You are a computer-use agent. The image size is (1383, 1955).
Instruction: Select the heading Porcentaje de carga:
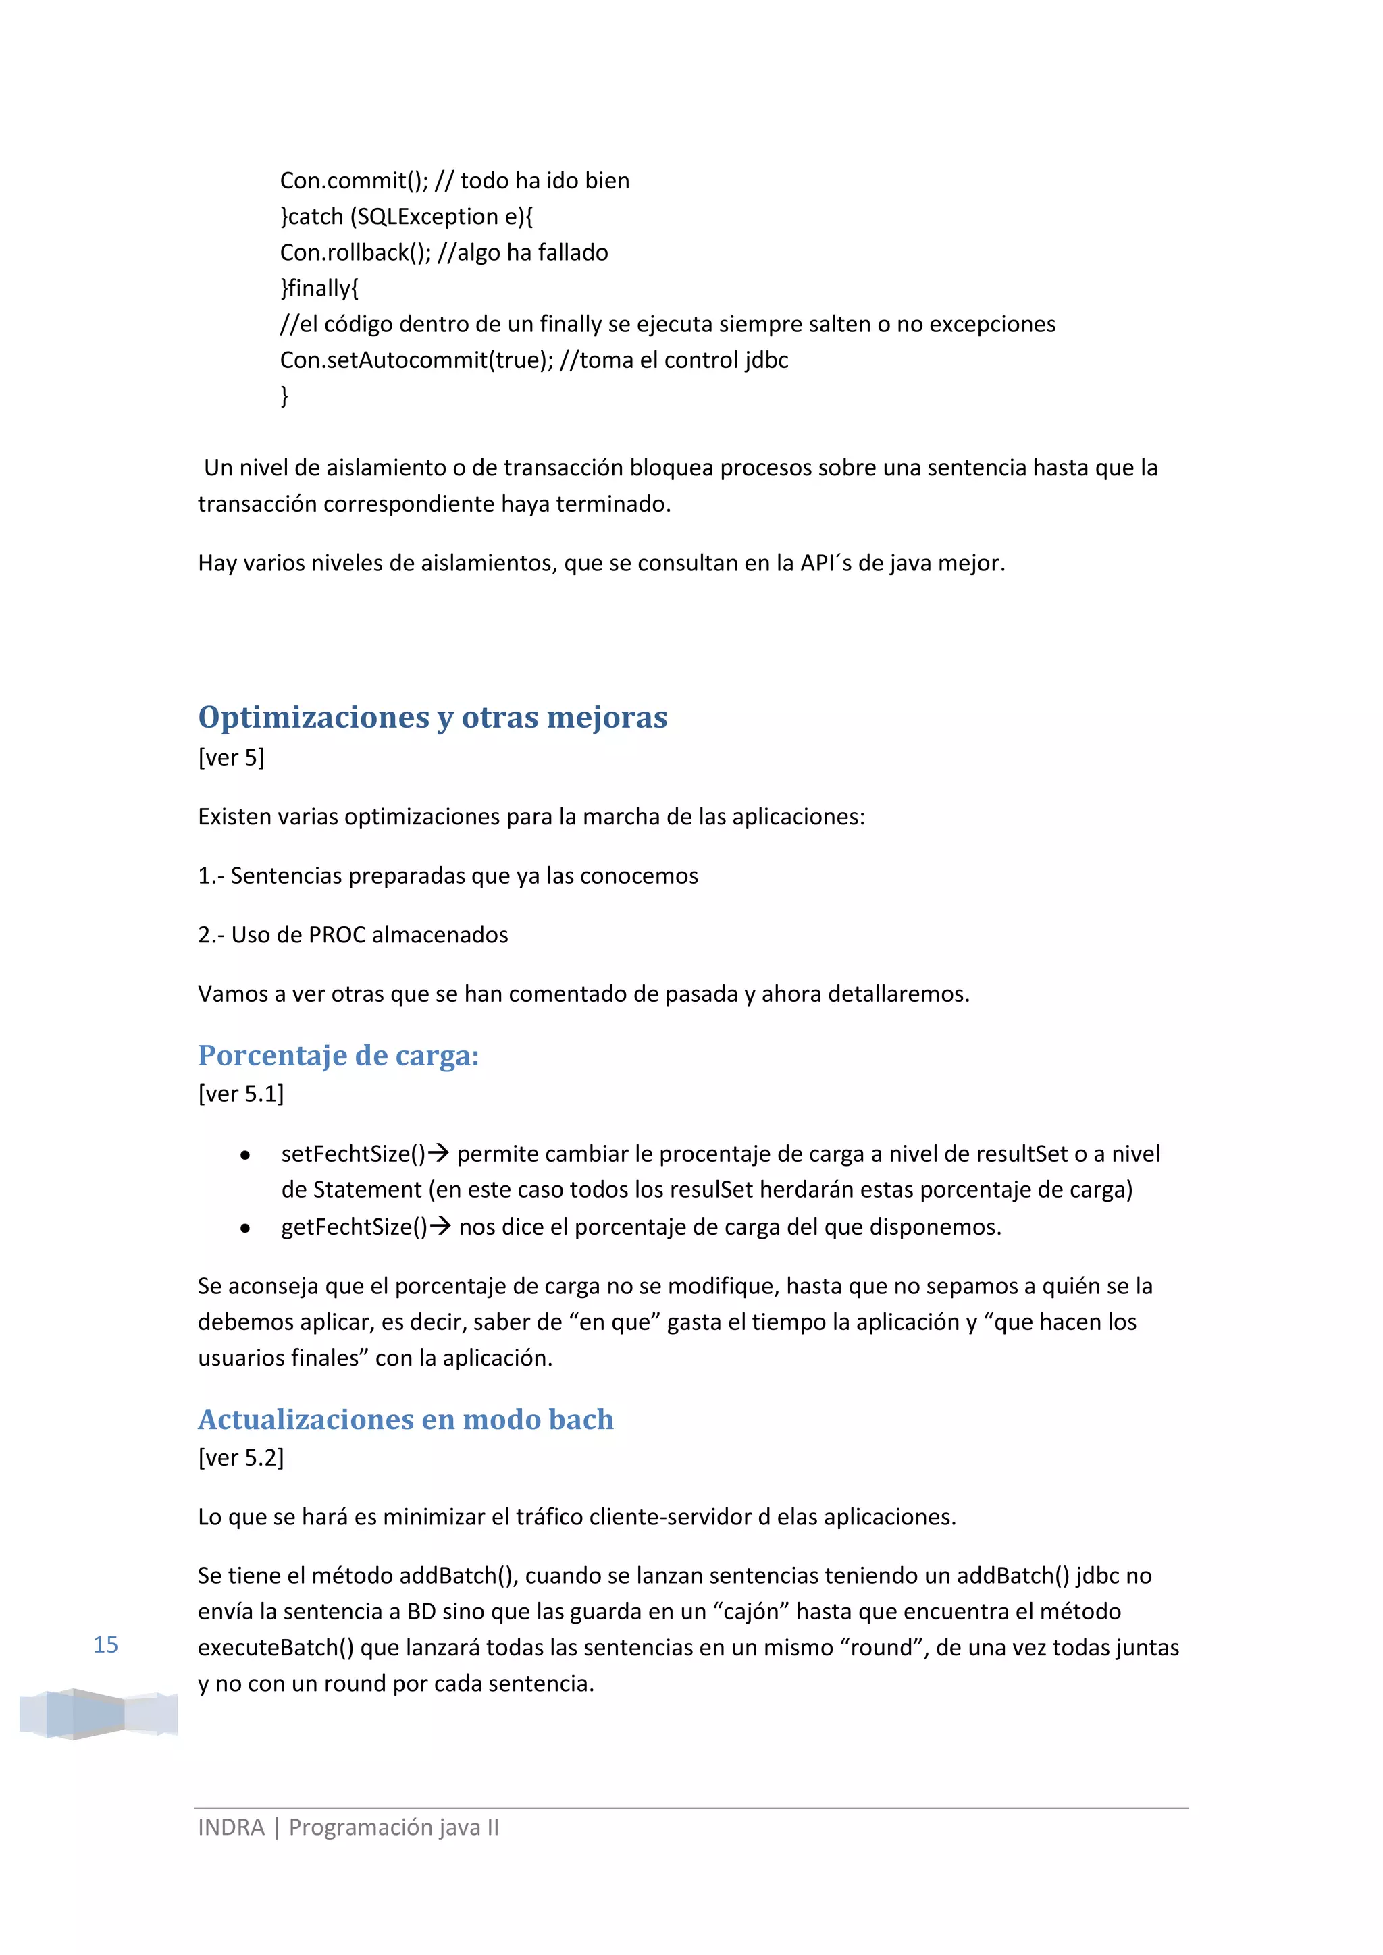[x=338, y=1055]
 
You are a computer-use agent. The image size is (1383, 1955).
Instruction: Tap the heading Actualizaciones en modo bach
[x=405, y=1420]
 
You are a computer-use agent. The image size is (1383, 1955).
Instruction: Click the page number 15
[x=105, y=1644]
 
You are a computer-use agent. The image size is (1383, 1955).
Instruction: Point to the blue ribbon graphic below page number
[x=98, y=1714]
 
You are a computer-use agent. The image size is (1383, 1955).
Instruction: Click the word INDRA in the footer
[x=231, y=1827]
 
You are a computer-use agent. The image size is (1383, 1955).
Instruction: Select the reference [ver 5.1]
[x=241, y=1094]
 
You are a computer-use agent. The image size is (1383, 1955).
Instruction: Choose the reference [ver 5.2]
[x=241, y=1457]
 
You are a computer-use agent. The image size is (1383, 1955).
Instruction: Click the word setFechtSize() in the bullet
[x=353, y=1154]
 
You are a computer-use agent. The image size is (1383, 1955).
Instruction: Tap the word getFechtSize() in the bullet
[x=353, y=1227]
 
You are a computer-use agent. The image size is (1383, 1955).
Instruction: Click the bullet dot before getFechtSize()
[x=245, y=1228]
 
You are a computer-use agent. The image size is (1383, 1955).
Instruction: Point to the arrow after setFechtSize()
[x=438, y=1154]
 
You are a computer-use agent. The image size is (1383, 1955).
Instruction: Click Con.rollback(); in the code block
[x=355, y=253]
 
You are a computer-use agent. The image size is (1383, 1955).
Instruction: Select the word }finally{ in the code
[x=319, y=289]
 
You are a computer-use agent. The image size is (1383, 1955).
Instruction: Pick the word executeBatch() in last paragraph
[x=275, y=1648]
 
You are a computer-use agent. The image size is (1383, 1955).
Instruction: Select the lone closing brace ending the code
[x=284, y=396]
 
